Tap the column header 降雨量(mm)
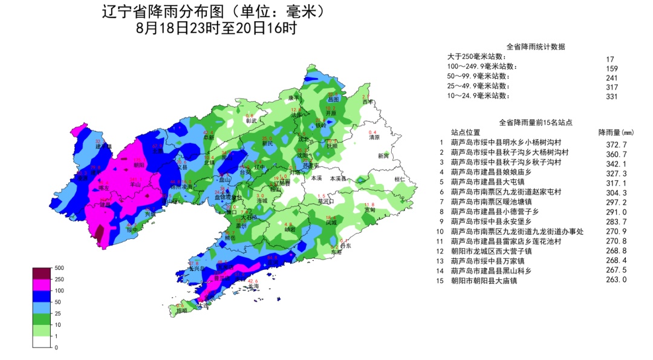click(x=616, y=132)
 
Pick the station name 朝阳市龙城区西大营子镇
click(x=491, y=251)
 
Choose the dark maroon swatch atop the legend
click(x=42, y=272)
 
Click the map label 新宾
click(x=383, y=155)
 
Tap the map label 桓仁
click(x=399, y=179)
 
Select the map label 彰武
click(x=251, y=120)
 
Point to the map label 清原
click(x=374, y=137)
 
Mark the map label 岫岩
click(x=290, y=230)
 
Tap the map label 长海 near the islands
click(x=253, y=286)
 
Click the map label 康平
click(x=294, y=97)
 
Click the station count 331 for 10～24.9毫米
click(x=611, y=96)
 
